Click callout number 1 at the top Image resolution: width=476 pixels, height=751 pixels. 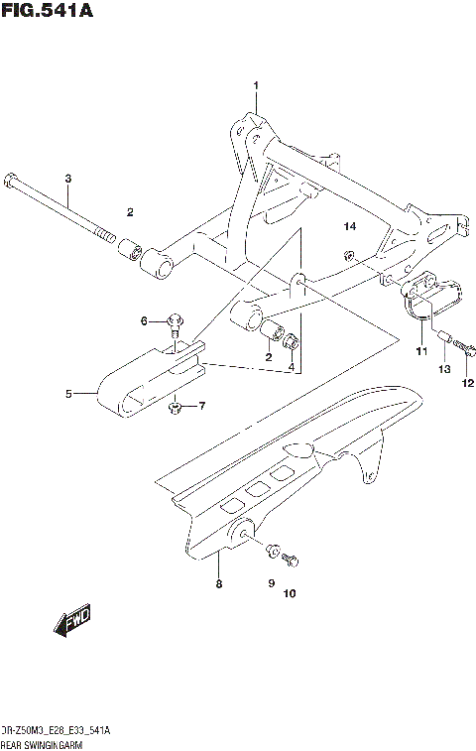(255, 86)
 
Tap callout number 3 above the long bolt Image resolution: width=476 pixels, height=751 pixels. (68, 179)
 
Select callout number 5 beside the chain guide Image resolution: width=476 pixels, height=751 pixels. (69, 394)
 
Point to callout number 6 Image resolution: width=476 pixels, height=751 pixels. (143, 320)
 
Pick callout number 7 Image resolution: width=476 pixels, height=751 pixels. (201, 406)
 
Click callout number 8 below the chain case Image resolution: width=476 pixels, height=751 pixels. (218, 585)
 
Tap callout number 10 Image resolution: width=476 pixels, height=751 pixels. (290, 595)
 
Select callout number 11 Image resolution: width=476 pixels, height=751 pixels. (420, 351)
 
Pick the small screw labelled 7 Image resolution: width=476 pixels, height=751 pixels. (175, 407)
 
